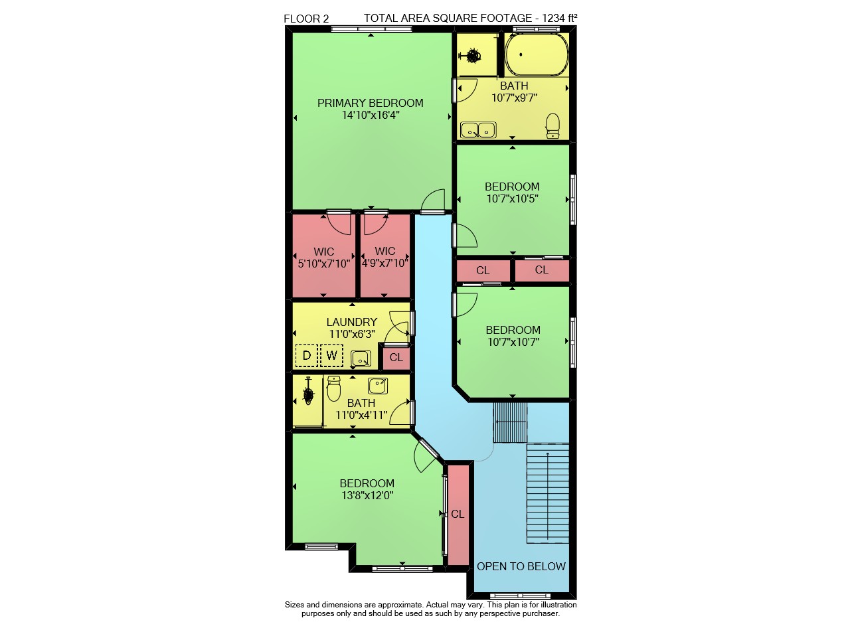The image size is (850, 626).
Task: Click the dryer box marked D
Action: (306, 356)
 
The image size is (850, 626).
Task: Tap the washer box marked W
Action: (331, 356)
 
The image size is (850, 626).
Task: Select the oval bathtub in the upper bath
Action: (537, 54)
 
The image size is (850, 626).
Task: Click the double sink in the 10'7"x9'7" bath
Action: (478, 129)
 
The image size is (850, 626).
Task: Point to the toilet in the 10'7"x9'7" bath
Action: (553, 125)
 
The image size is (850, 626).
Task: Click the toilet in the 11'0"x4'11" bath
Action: (333, 389)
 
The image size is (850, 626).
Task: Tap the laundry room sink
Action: (361, 358)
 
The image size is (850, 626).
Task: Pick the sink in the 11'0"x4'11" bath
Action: (378, 386)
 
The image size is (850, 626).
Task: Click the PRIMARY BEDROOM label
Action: (370, 103)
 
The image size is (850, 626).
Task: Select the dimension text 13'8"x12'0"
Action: (367, 495)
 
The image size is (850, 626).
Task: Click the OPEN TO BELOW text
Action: (521, 566)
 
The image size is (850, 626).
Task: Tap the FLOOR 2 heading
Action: (306, 19)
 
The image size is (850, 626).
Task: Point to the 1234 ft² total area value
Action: (559, 18)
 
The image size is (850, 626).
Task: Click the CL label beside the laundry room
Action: (396, 357)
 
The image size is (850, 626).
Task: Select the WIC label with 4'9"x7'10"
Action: (384, 251)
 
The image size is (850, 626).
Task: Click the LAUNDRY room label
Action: (352, 322)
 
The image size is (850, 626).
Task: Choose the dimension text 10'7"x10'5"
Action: (512, 198)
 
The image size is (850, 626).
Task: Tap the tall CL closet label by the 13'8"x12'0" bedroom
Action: (458, 514)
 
